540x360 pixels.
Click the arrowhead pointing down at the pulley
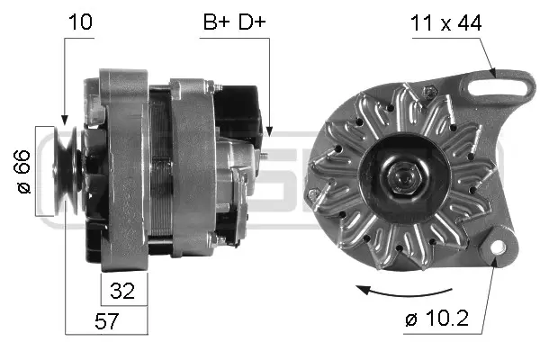65,119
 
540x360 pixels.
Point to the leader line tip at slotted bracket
493,72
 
